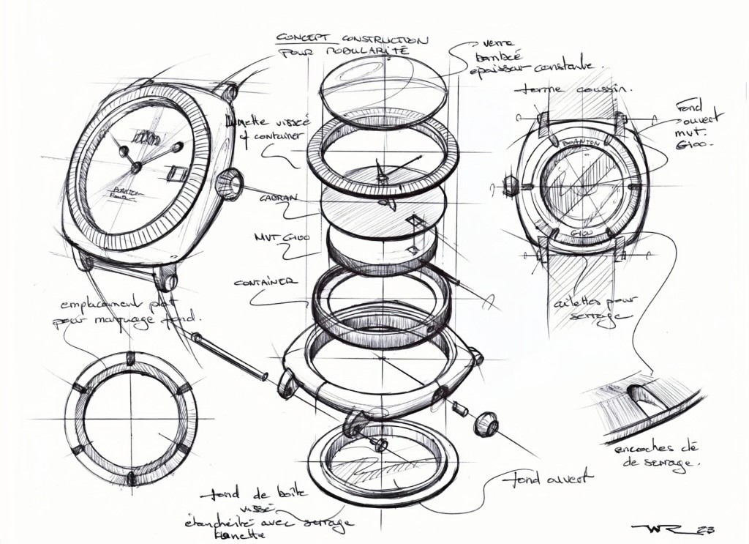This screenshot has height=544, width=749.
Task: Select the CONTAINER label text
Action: click(x=266, y=282)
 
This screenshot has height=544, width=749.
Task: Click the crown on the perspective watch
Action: click(x=229, y=183)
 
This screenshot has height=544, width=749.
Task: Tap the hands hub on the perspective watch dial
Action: click(x=136, y=168)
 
